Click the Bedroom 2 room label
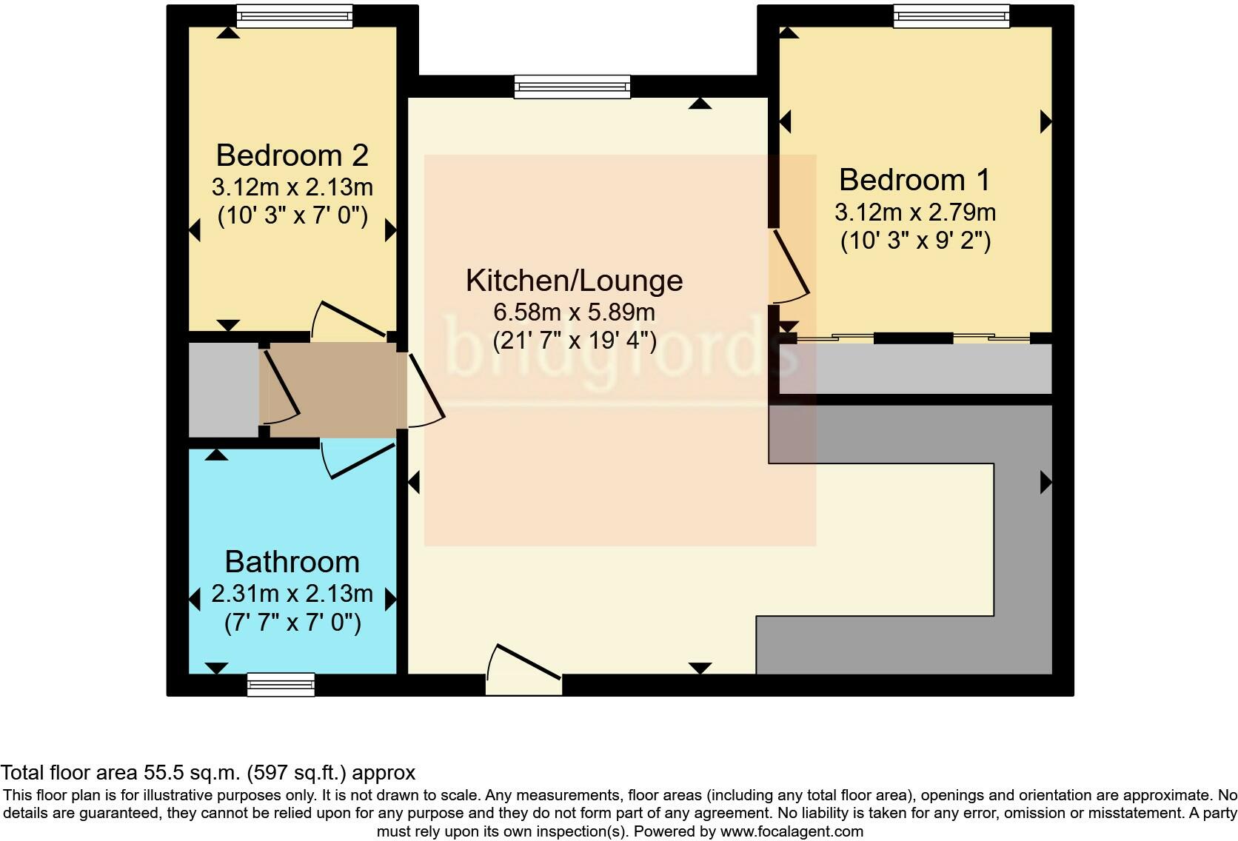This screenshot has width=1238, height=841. point(292,155)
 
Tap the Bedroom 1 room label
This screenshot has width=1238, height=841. point(914,180)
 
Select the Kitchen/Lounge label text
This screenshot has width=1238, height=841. point(574,281)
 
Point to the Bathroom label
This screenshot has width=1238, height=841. point(292,562)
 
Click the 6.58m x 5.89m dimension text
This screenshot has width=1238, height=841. point(574,312)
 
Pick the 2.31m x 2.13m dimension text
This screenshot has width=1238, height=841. point(292,594)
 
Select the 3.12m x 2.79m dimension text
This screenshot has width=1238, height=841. point(914,212)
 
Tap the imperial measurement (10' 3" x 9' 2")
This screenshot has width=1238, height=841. point(914,241)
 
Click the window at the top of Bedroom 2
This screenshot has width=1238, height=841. point(294,16)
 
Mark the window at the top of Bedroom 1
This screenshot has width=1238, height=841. point(951,16)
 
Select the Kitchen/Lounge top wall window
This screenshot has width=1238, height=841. point(573,87)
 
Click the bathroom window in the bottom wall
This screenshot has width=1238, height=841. point(281,685)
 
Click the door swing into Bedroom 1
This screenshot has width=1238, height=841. point(789,267)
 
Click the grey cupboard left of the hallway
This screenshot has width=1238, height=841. point(223,389)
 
